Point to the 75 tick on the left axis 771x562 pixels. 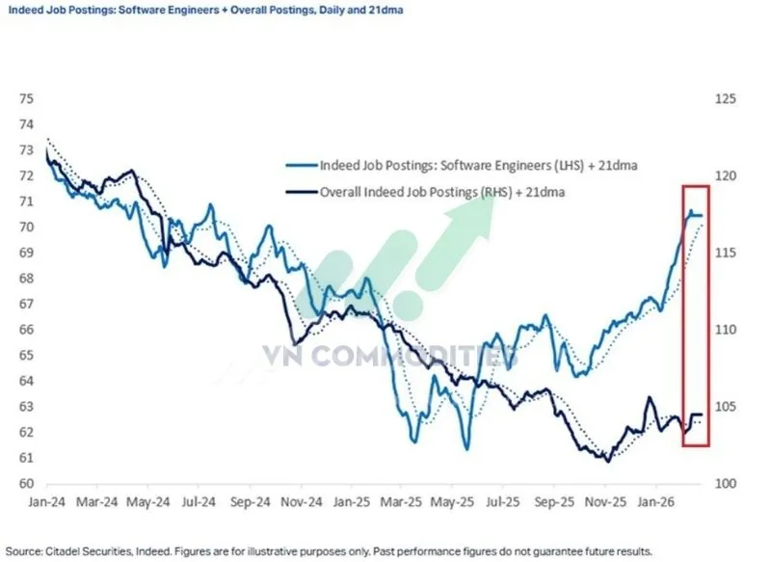click(x=26, y=99)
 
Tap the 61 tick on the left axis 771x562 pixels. click(x=26, y=459)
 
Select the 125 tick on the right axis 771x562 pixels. click(x=726, y=99)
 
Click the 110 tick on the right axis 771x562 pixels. click(x=726, y=330)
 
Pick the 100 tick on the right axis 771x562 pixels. click(x=726, y=484)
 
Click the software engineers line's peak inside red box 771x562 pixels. click(x=690, y=211)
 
